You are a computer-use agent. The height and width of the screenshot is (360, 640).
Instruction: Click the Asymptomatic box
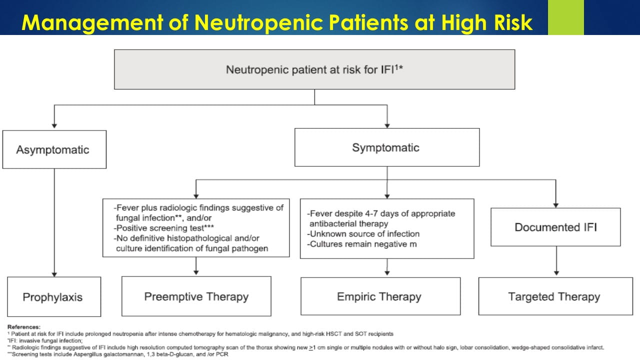tap(54, 149)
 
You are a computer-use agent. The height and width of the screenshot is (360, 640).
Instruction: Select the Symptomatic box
tap(387, 147)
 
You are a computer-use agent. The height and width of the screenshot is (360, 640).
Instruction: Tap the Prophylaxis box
tap(54, 296)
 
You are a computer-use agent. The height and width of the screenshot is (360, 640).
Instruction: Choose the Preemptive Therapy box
tap(196, 296)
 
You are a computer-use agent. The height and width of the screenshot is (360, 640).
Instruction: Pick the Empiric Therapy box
tap(380, 296)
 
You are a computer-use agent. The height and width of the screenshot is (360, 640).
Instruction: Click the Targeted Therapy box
tap(555, 296)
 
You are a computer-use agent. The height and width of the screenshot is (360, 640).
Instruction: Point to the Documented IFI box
tap(555, 227)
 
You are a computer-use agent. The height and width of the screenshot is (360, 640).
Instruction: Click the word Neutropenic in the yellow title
tap(258, 22)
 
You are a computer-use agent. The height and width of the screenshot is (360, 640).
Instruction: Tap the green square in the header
tap(565, 17)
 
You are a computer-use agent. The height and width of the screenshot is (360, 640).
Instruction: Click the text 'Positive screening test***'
tap(163, 228)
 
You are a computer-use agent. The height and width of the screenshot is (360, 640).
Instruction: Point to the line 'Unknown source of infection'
tap(363, 234)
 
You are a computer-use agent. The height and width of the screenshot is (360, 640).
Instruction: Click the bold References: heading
tap(23, 327)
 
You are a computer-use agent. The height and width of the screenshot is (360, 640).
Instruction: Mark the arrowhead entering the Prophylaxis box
tap(54, 274)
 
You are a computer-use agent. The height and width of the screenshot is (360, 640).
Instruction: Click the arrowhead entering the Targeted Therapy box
tap(556, 273)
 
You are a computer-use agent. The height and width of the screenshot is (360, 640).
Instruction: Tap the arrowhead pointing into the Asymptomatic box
tap(54, 126)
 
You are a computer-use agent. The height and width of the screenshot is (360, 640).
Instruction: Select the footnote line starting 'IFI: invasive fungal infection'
tap(45, 340)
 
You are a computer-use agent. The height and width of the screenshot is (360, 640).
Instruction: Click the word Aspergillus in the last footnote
tap(87, 354)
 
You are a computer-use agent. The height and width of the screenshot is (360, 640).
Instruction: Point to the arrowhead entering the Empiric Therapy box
tap(387, 273)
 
